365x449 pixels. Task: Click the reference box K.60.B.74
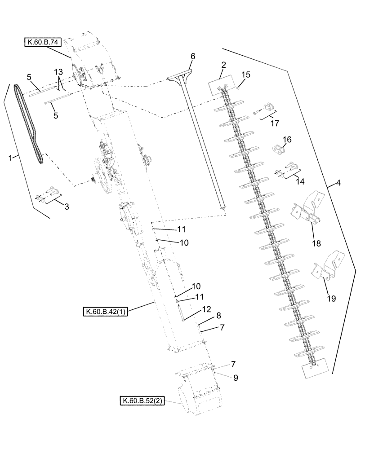(x=43, y=43)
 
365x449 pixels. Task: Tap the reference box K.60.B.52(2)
(x=142, y=401)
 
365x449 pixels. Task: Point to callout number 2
(x=223, y=66)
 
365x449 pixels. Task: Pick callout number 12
(x=206, y=310)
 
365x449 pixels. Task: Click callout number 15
(x=246, y=75)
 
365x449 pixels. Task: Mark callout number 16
(x=286, y=140)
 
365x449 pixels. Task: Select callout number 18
(x=316, y=243)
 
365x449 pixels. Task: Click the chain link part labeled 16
(x=277, y=150)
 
